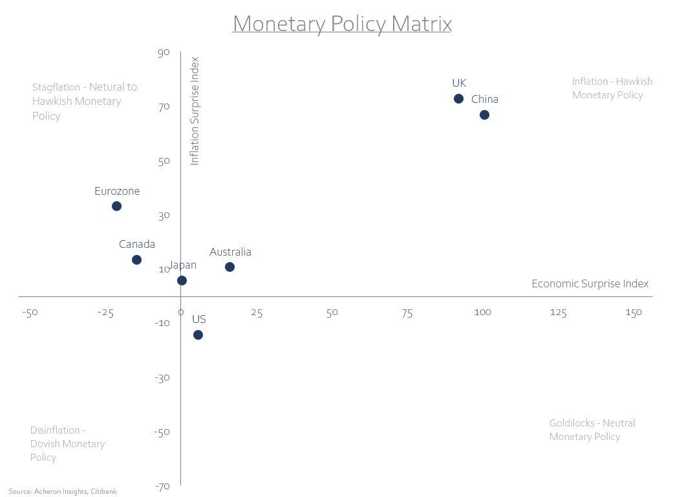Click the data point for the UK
(x=458, y=99)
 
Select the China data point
(x=484, y=115)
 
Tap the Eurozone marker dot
(x=116, y=206)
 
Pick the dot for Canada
(x=136, y=260)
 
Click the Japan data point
(x=182, y=281)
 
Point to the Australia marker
(x=230, y=267)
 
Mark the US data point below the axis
(x=198, y=335)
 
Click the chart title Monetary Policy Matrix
(x=342, y=24)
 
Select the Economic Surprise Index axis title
(x=590, y=284)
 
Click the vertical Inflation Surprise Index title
(x=195, y=111)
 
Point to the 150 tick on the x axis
(x=634, y=313)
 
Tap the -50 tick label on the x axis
(x=30, y=313)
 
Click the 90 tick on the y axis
(x=163, y=52)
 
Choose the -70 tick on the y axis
(x=162, y=486)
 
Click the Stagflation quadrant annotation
(x=85, y=102)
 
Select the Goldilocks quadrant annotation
(x=592, y=430)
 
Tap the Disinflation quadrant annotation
(x=67, y=444)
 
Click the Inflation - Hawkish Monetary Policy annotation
(x=612, y=88)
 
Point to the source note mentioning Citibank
(x=63, y=492)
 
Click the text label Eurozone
(x=117, y=192)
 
